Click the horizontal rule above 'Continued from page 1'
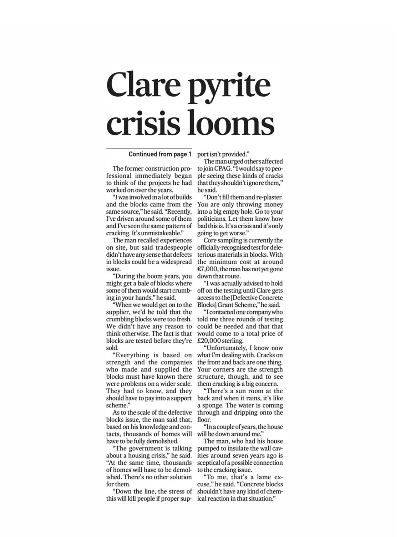click(149, 148)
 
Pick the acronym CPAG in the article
click(222, 169)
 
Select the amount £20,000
click(209, 341)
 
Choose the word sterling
click(232, 341)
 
